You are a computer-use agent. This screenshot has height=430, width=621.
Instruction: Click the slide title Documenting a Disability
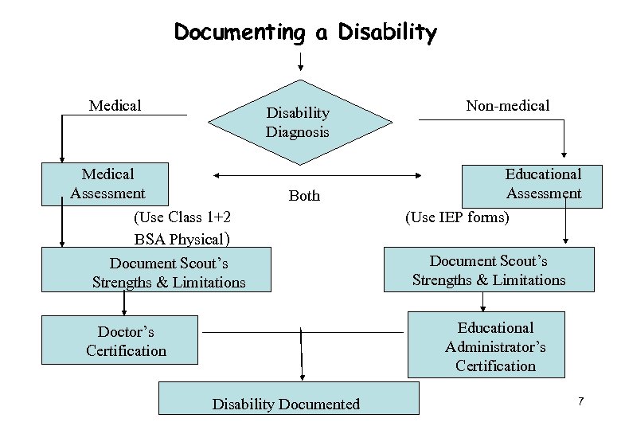305,33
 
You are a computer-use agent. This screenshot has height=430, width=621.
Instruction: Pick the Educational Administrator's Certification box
486,346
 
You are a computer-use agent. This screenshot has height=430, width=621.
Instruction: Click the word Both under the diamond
304,196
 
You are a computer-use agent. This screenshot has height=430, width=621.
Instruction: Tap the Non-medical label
508,106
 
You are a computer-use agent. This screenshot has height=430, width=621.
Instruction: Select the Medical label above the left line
115,105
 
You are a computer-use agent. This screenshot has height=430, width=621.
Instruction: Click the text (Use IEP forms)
457,217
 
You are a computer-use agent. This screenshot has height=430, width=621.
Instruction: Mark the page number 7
581,402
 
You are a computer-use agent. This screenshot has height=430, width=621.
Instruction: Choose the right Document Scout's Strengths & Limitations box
489,270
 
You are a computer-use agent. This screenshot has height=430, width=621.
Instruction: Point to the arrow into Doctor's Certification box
123,304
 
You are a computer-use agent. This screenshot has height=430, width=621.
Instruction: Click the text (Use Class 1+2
182,217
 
